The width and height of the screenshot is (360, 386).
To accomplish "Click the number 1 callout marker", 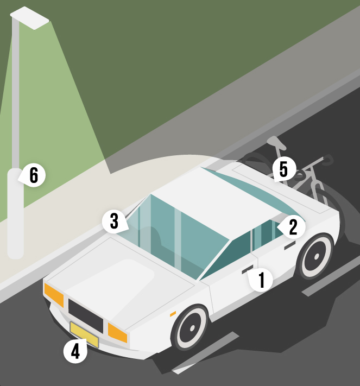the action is [x=261, y=280].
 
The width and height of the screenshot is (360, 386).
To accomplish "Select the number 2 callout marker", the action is [x=292, y=227].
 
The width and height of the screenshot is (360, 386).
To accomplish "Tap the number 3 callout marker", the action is [x=115, y=222].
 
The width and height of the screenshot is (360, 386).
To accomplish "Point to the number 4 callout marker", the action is [x=75, y=351].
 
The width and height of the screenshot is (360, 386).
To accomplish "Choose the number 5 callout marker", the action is [x=283, y=169].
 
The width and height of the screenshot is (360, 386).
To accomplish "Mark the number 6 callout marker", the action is [x=34, y=175].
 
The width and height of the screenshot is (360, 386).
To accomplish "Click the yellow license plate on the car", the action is [x=84, y=334].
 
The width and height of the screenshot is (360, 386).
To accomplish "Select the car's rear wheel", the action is [x=317, y=256].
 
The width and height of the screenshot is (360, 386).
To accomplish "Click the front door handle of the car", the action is [x=248, y=269].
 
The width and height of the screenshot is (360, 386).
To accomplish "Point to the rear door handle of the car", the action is [x=290, y=245].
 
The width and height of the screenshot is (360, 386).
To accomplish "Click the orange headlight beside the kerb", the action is [x=54, y=295].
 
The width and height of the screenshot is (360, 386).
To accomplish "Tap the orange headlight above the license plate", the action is [x=117, y=333].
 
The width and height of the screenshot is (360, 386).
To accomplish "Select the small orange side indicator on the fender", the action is [x=173, y=314].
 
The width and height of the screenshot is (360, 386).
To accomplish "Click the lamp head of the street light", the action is [x=29, y=18].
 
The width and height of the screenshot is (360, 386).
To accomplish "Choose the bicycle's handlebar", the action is [x=323, y=161].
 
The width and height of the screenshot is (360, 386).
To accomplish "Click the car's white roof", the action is [x=217, y=201].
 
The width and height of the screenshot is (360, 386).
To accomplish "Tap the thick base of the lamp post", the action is [x=15, y=213].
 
